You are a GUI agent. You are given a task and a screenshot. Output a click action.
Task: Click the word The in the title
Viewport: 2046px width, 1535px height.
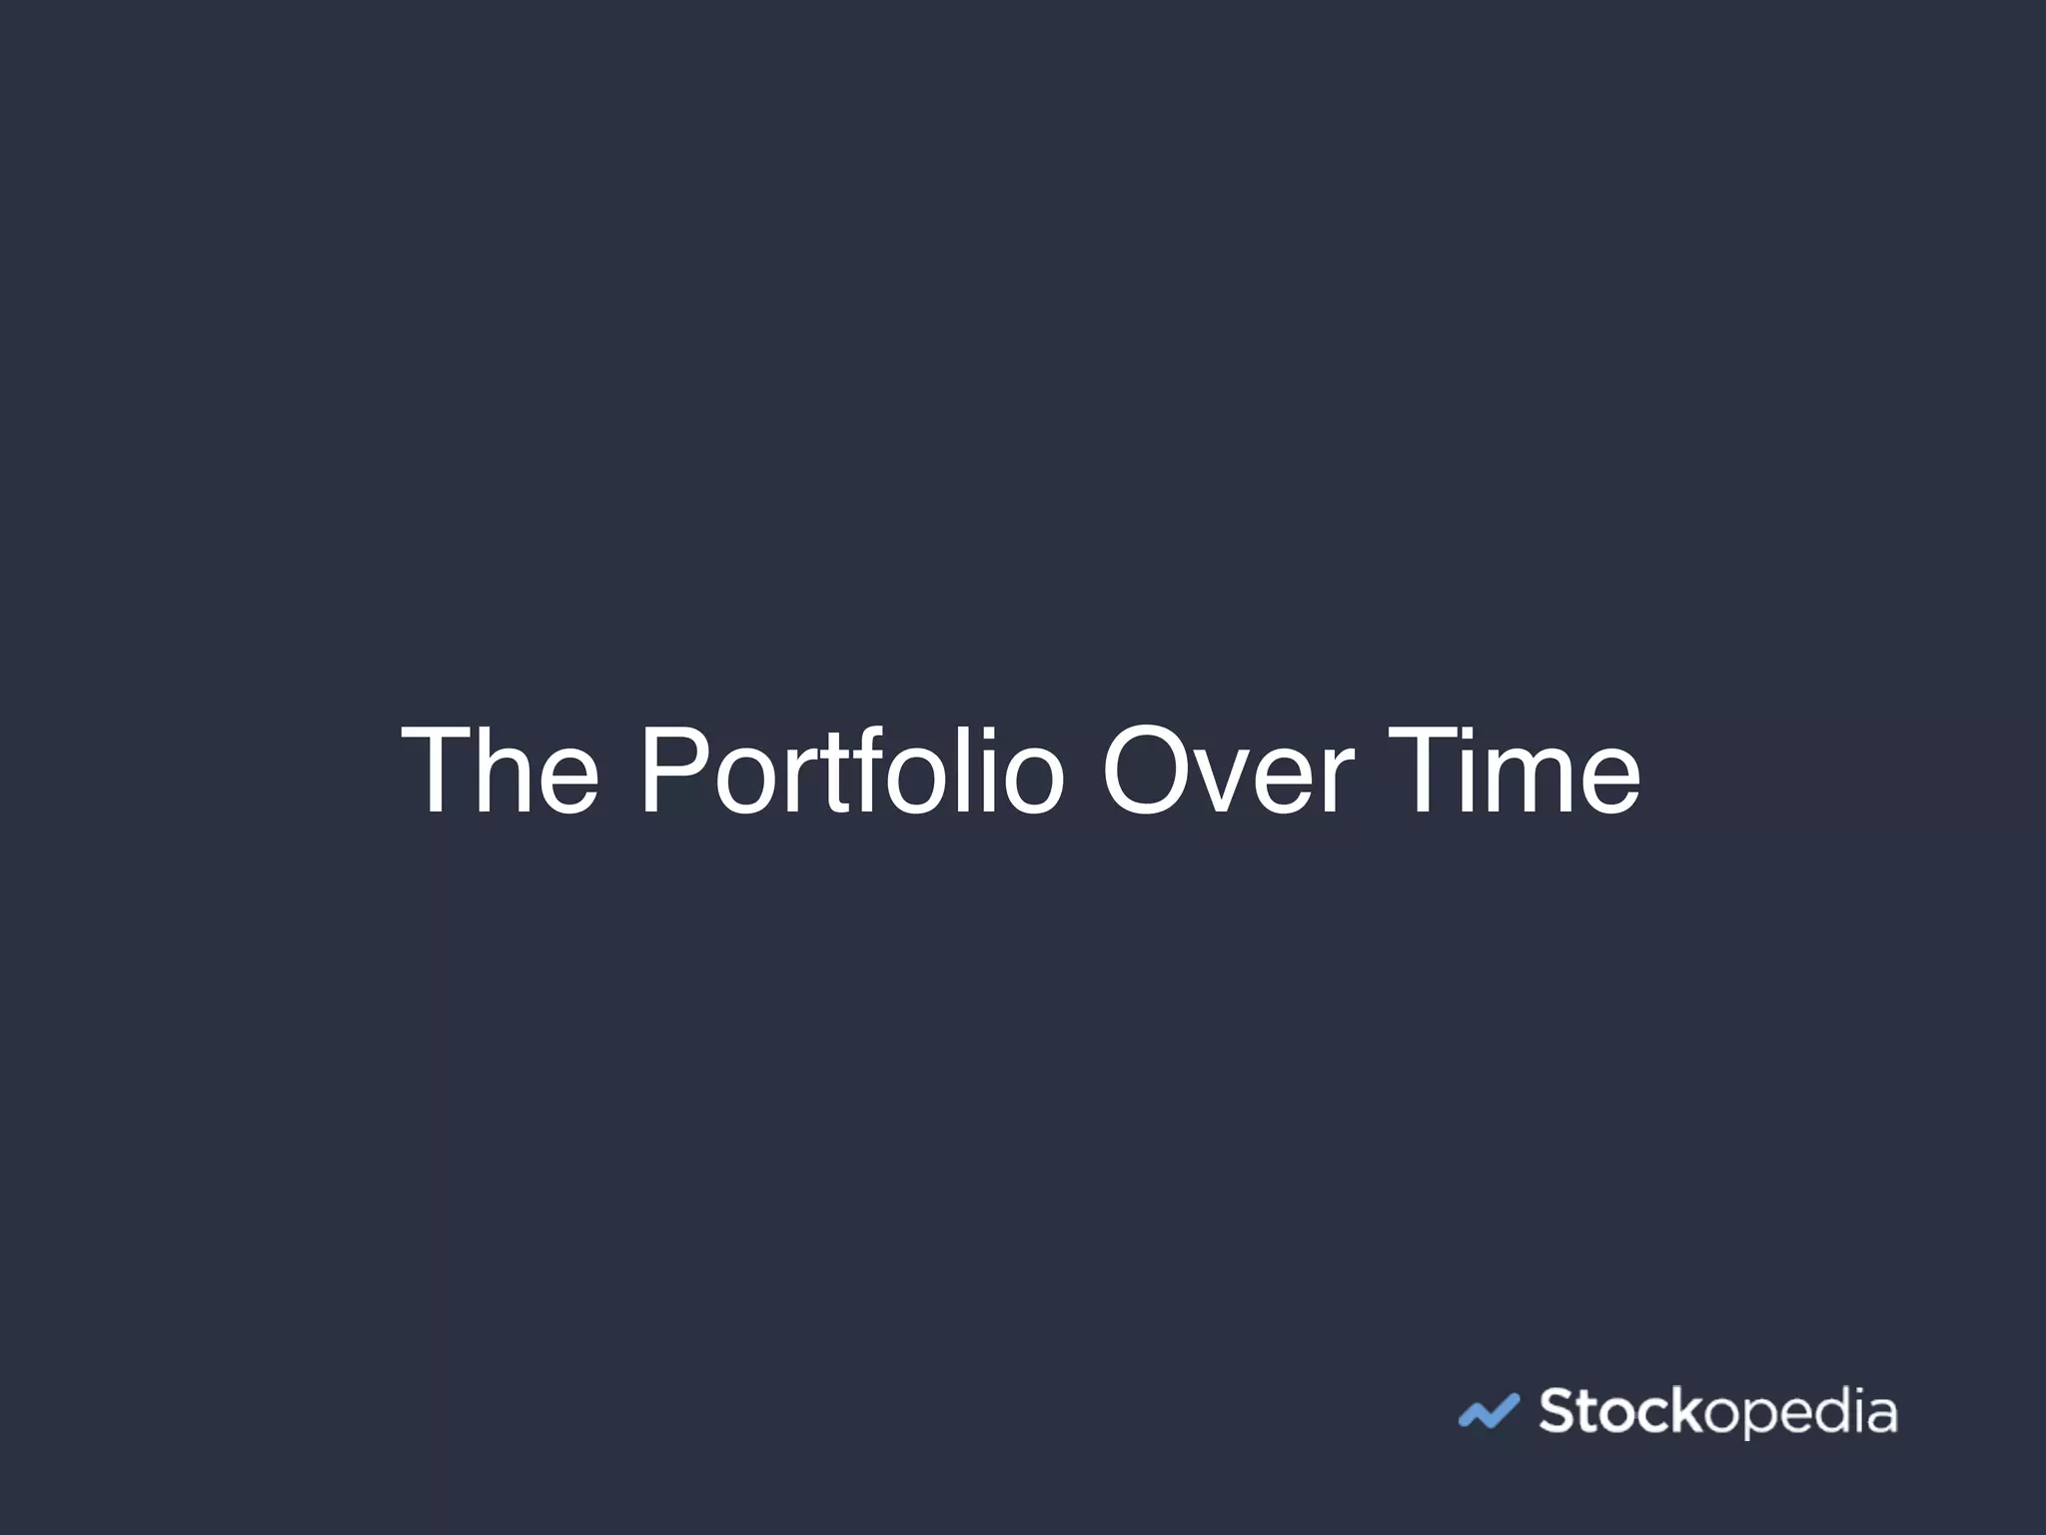coord(500,770)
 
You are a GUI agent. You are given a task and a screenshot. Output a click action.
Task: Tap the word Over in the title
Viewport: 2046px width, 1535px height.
coord(1228,770)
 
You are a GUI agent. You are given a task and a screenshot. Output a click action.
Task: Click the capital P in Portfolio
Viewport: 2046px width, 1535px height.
coord(673,770)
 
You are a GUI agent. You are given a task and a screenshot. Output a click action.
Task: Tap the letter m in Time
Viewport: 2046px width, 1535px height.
coord(1526,784)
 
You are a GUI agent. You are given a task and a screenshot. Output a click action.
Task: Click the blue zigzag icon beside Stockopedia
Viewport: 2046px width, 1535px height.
coord(1489,1411)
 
